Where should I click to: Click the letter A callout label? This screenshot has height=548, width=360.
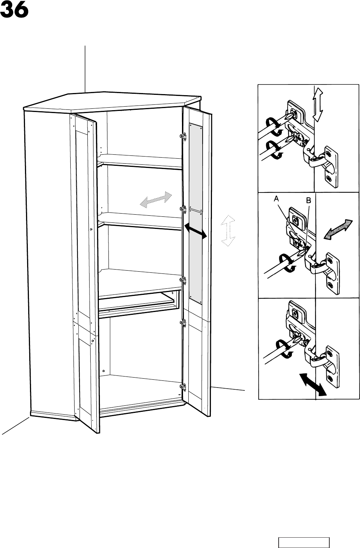pos(277,200)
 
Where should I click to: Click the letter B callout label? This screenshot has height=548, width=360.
pos(309,201)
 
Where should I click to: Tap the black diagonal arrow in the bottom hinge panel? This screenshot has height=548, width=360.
pos(313,384)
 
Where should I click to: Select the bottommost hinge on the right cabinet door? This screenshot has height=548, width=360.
pos(183,387)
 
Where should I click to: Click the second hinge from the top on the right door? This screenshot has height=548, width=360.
pos(183,209)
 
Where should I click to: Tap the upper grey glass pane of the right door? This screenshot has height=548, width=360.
pos(196,167)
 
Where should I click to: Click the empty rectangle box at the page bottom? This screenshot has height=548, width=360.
pos(304,542)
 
